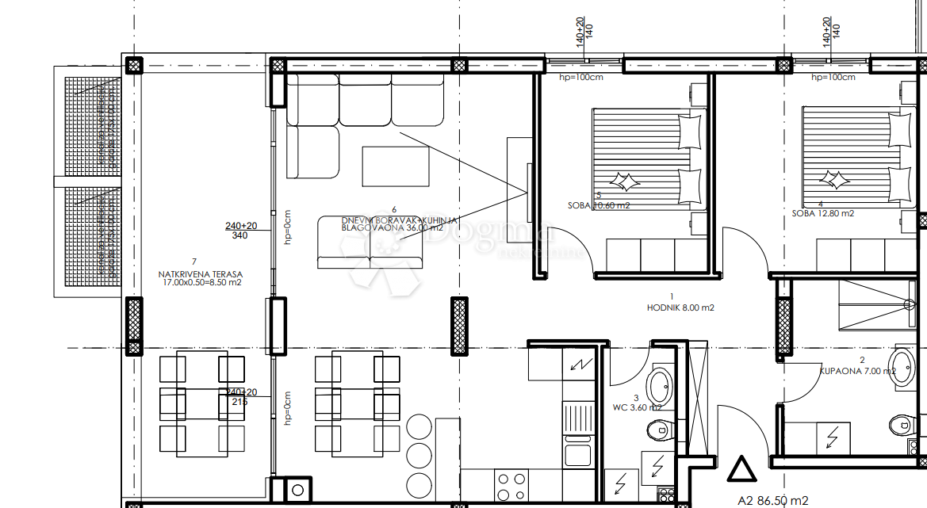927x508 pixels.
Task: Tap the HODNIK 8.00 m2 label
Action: [x=680, y=307]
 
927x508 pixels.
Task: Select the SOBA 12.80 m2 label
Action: [x=823, y=213]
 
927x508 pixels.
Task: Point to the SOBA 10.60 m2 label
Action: [x=599, y=205]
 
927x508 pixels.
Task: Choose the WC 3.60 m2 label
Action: [x=636, y=407]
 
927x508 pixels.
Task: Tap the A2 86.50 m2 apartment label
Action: [x=772, y=500]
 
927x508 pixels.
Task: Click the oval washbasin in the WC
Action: [x=659, y=388]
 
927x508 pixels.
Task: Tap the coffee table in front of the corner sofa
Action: [x=395, y=166]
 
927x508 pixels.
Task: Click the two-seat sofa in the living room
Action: [x=370, y=243]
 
